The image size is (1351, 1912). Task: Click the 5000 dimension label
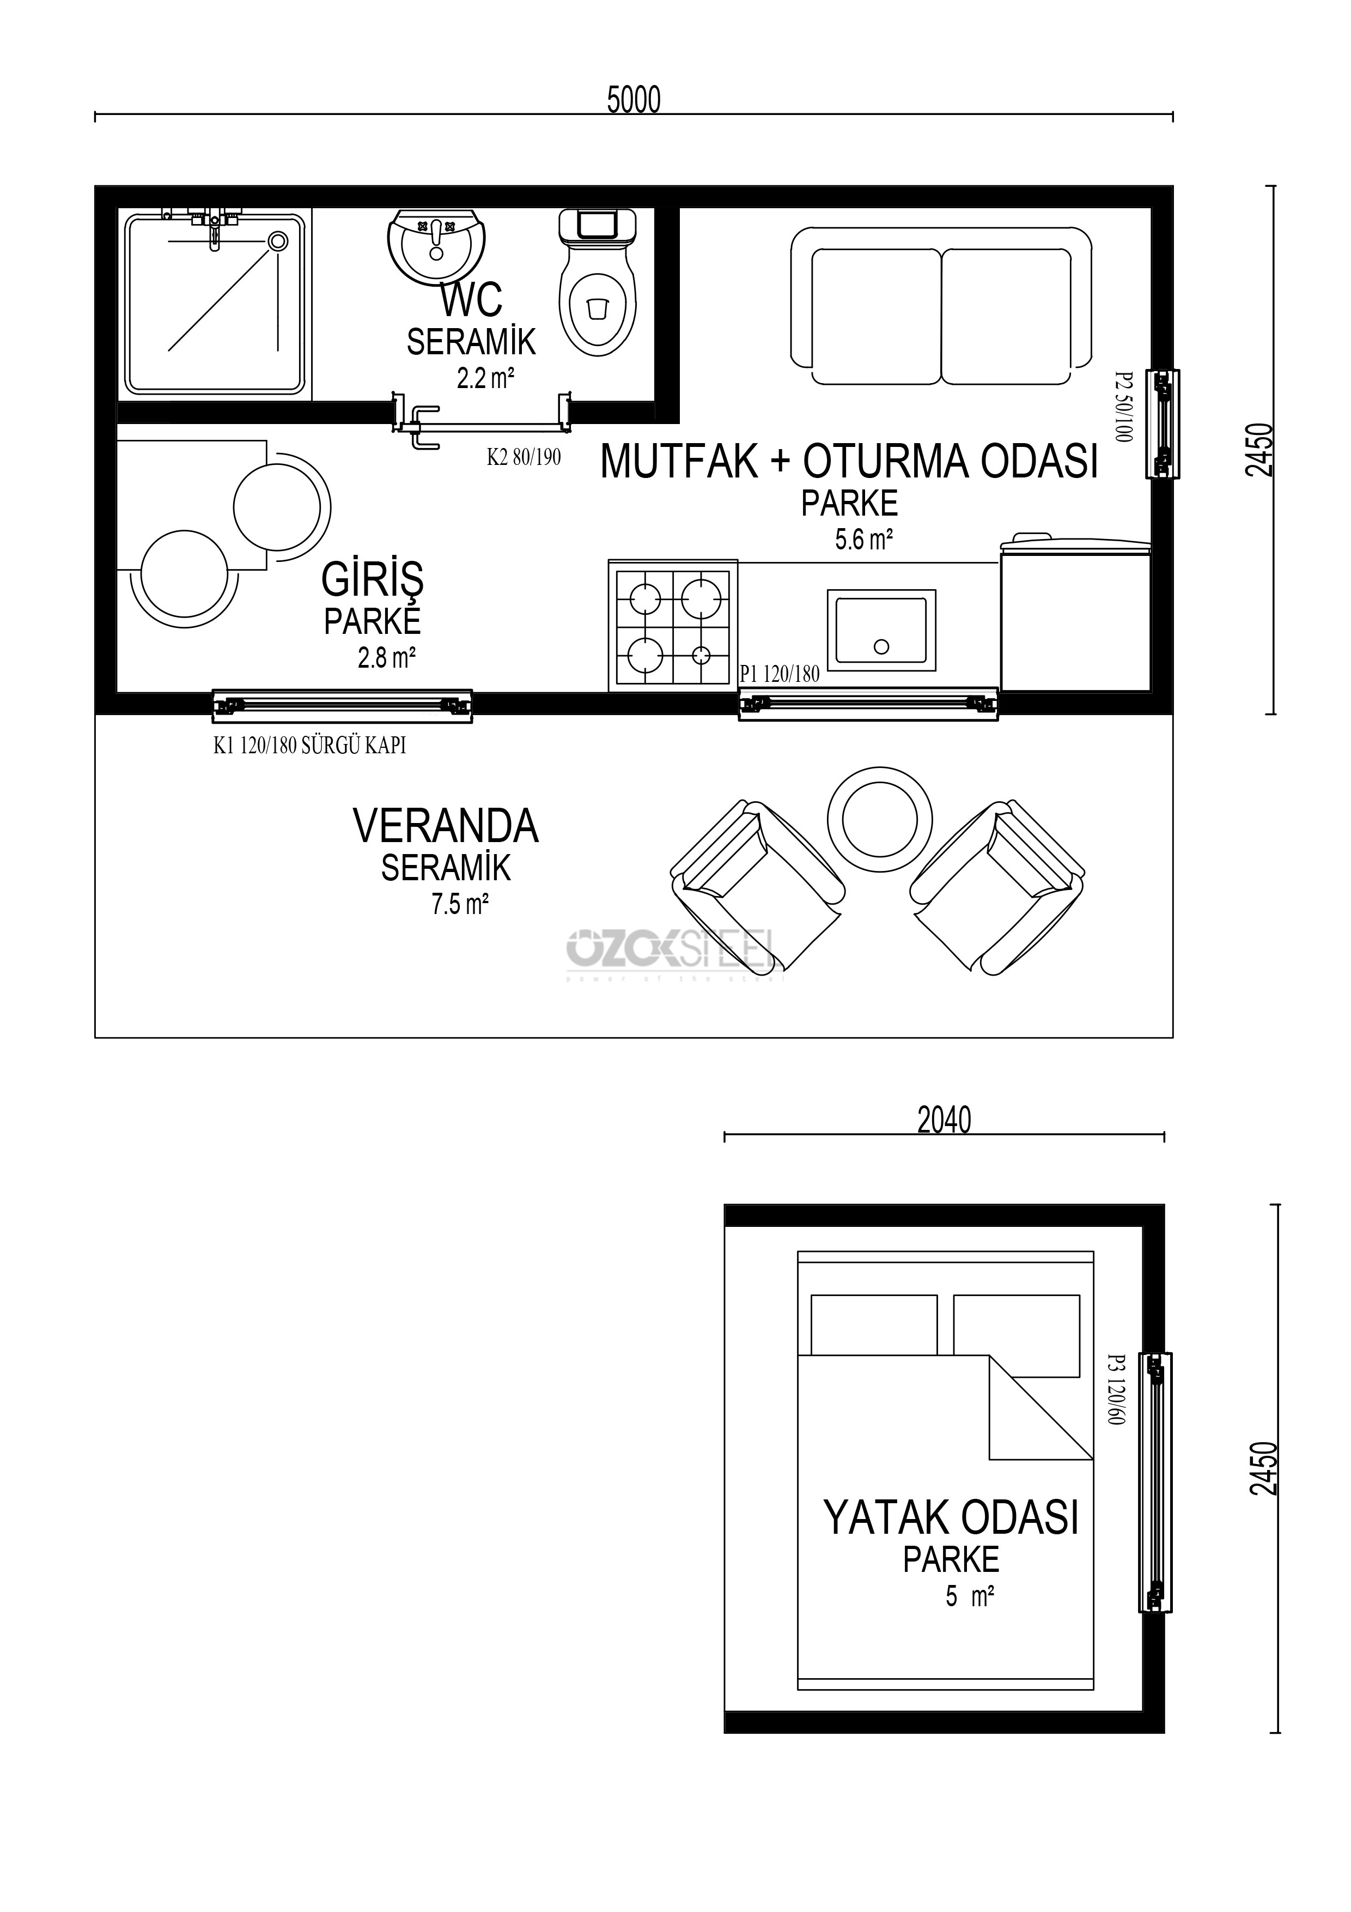coord(634,100)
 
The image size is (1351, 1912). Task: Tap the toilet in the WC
coord(597,283)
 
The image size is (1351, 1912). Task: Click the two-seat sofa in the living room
coord(941,306)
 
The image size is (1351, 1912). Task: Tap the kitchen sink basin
coord(881,631)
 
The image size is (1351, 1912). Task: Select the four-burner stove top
coord(673,625)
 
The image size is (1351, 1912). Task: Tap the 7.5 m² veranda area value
coord(459,904)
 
